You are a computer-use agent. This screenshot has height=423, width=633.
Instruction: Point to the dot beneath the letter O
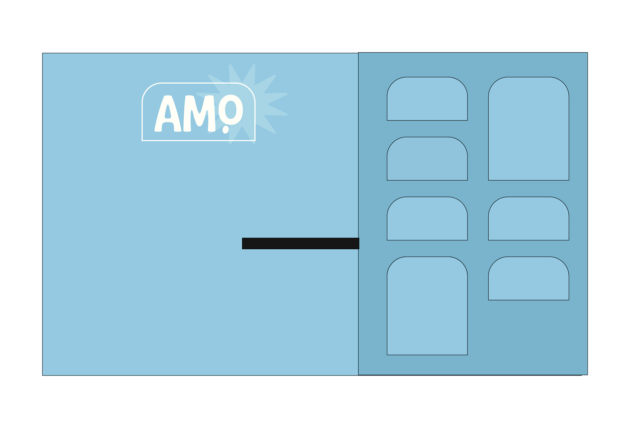(226, 129)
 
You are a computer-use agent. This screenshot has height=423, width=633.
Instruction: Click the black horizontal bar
(300, 243)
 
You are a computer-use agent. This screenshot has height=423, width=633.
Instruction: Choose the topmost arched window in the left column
(427, 99)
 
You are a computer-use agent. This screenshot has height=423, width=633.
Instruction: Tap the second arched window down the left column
(427, 159)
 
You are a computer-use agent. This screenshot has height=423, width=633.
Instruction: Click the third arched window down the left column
(427, 219)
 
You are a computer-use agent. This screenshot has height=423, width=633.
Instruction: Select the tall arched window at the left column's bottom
(427, 306)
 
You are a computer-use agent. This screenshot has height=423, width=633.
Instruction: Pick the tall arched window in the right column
(528, 129)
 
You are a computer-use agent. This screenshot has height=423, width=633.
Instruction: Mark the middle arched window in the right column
(528, 219)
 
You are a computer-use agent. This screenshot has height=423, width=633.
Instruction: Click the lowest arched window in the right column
(528, 279)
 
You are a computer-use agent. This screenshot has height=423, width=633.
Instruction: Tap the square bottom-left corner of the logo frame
(142, 140)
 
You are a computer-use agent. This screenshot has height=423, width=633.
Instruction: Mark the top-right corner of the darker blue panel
(587, 53)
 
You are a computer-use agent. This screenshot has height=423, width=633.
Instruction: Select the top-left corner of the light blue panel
(43, 53)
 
